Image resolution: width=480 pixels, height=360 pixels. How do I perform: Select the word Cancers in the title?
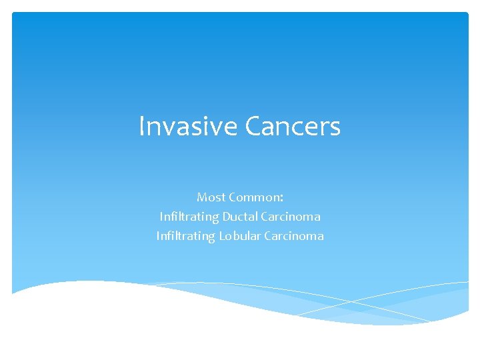pyautogui.click(x=293, y=126)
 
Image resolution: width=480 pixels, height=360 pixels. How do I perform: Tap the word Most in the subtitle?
pyautogui.click(x=211, y=197)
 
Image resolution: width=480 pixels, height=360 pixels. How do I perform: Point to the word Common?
pyautogui.click(x=254, y=197)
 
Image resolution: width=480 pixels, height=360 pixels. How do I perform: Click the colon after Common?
pyautogui.click(x=282, y=198)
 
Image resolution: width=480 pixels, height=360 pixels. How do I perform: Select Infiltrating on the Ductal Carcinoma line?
pyautogui.click(x=189, y=217)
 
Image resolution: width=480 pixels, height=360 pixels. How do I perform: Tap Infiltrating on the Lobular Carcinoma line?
pyautogui.click(x=186, y=236)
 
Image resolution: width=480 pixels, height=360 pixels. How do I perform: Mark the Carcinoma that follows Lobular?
pyautogui.click(x=294, y=236)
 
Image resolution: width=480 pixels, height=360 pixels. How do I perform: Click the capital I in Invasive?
pyautogui.click(x=141, y=126)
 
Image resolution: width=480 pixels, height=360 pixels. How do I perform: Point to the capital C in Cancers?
pyautogui.click(x=254, y=126)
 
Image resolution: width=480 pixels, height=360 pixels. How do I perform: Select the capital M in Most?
pyautogui.click(x=202, y=197)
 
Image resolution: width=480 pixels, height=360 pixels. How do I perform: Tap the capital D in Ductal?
pyautogui.click(x=226, y=217)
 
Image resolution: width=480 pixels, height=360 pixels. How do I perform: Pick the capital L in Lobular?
pyautogui.click(x=223, y=236)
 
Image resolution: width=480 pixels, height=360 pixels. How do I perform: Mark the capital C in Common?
pyautogui.click(x=232, y=197)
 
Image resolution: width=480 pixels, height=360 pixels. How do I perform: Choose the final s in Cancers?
pyautogui.click(x=335, y=127)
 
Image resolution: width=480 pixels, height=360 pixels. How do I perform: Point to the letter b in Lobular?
pyautogui.click(x=237, y=236)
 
